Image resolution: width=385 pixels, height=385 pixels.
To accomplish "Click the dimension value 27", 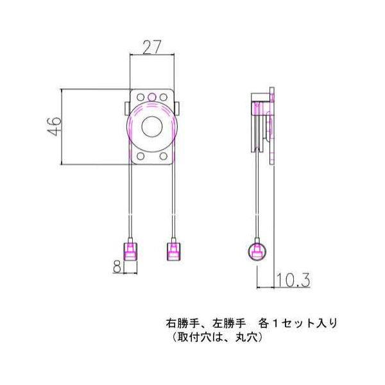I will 152,47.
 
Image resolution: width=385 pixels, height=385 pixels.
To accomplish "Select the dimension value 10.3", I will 294,280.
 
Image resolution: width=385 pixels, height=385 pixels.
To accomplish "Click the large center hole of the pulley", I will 151,127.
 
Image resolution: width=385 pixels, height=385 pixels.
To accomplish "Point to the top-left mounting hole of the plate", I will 140,98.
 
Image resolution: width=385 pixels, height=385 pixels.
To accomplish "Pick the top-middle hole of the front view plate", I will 152,98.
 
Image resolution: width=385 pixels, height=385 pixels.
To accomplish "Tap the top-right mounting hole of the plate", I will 164,98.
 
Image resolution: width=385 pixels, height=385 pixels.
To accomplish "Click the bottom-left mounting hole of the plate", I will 140,156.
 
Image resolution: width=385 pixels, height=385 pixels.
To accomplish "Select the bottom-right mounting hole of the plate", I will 164,156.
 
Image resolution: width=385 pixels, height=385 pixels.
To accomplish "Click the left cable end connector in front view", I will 130,250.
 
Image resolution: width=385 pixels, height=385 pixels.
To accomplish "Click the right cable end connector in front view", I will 173,250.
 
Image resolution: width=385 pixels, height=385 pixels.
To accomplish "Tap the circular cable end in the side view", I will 257,252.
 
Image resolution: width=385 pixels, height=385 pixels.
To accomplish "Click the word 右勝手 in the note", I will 180,323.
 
